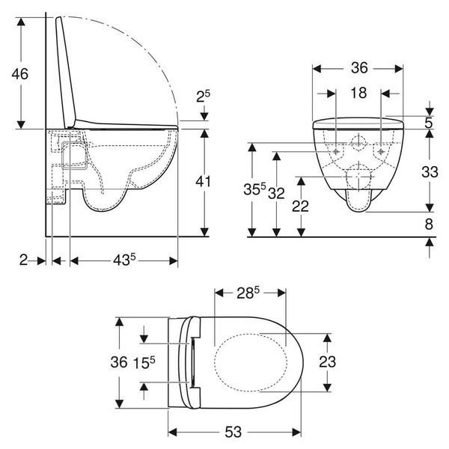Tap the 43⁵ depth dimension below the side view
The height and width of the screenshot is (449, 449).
tap(123, 260)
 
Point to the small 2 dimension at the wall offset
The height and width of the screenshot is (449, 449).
tap(23, 260)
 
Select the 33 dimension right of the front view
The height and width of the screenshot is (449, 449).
tap(429, 171)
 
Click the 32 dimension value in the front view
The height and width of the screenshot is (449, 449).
tap(278, 192)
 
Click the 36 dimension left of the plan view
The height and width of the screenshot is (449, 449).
tap(120, 363)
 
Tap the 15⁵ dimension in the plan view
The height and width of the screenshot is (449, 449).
tap(144, 363)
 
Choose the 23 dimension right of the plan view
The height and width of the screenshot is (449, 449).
tap(327, 363)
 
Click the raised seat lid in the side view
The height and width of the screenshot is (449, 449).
tap(68, 71)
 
